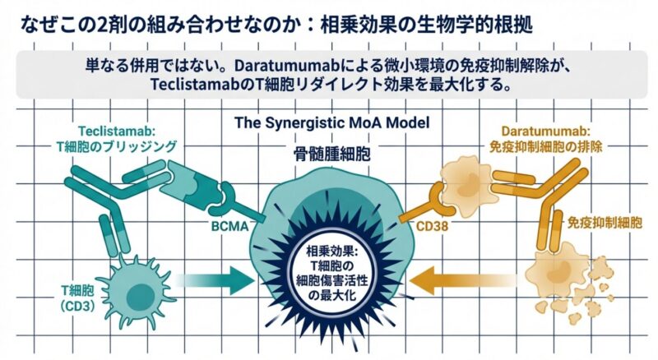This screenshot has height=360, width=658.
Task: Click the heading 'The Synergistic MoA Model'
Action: (x=327, y=122)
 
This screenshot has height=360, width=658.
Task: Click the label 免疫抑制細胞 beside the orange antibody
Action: (x=605, y=223)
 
